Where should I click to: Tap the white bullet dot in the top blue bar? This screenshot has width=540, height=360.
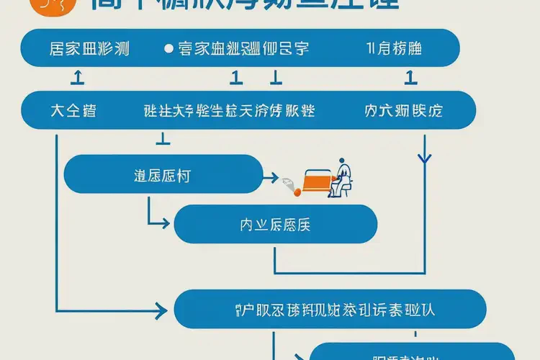coord(168,49)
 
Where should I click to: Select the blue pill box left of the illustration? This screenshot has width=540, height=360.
coord(163,174)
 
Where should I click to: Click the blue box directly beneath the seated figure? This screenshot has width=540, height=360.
coord(276,224)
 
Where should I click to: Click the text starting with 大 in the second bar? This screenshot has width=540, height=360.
coord(73,111)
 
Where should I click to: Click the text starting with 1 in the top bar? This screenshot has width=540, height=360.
coord(394,49)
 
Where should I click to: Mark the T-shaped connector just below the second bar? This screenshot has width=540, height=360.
coord(163,137)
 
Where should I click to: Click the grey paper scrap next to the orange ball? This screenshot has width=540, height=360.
coord(289,184)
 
